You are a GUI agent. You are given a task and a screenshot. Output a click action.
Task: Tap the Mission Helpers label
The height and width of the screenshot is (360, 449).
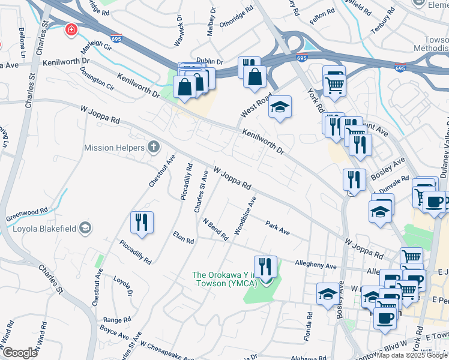(x=114, y=148)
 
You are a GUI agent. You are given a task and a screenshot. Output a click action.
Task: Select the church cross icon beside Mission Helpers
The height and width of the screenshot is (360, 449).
(x=154, y=147)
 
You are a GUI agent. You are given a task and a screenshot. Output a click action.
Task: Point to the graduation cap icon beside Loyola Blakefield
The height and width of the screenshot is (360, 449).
(x=85, y=227)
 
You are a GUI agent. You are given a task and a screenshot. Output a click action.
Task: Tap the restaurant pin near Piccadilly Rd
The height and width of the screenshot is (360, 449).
(x=142, y=223)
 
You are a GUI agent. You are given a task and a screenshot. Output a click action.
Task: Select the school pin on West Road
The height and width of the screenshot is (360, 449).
(x=279, y=107)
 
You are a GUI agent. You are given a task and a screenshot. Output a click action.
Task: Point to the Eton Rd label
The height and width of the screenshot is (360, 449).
(x=183, y=237)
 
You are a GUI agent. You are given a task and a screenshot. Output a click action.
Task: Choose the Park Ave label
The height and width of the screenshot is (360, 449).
(x=277, y=228)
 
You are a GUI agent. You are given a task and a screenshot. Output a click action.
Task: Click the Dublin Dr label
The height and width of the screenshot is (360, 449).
(x=209, y=61)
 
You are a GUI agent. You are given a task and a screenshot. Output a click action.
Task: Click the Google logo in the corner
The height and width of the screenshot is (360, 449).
(x=19, y=353)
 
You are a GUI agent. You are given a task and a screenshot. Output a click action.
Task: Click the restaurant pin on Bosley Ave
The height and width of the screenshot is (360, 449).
(x=354, y=179)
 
